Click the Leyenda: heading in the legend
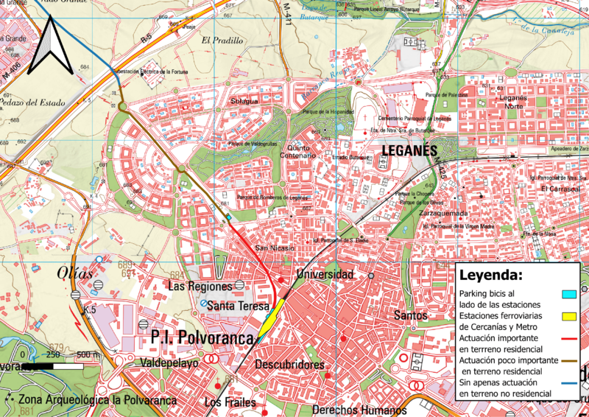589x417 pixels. click(x=490, y=276)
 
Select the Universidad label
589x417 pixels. click(x=325, y=275)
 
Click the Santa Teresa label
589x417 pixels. click(x=237, y=306)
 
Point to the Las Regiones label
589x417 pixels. click(x=200, y=285)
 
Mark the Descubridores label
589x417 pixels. click(x=289, y=365)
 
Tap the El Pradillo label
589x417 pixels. click(x=220, y=41)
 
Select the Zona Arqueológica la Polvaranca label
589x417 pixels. click(x=96, y=400)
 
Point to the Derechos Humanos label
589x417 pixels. click(x=359, y=410)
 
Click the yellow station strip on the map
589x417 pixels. click(x=270, y=318)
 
